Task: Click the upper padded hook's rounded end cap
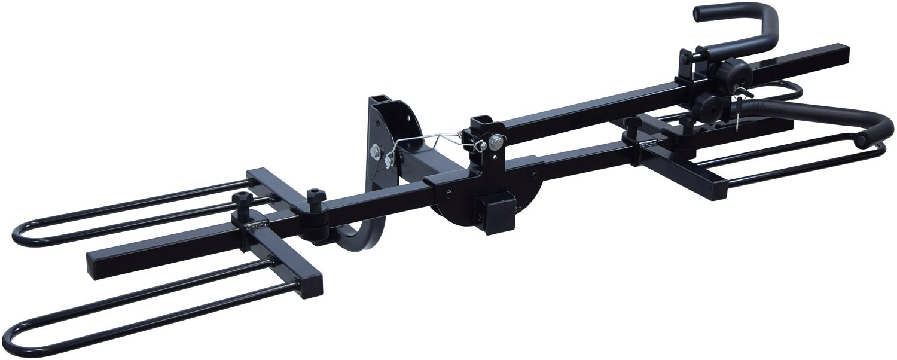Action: click(x=700, y=14)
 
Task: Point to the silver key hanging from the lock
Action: click(x=739, y=114)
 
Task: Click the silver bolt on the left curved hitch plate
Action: click(x=377, y=151)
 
